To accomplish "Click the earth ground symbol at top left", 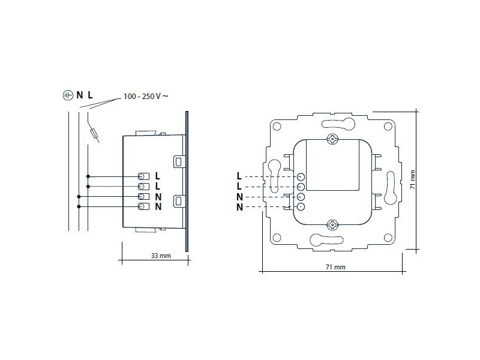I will pyautogui.click(x=67, y=95).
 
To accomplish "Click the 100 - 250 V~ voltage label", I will pyautogui.click(x=145, y=96).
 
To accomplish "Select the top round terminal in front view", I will pyautogui.click(x=301, y=177).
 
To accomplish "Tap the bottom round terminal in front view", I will pyautogui.click(x=301, y=207).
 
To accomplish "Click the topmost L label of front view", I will pyautogui.click(x=239, y=176).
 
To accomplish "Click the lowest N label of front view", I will pyautogui.click(x=239, y=208).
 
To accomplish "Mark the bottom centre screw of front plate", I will pyautogui.click(x=332, y=225).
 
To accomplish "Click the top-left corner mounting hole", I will pyautogui.click(x=278, y=127).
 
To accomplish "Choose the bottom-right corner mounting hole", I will pyautogui.click(x=387, y=237).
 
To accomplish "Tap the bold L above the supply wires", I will pyautogui.click(x=90, y=95).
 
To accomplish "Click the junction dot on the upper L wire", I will pyautogui.click(x=88, y=176).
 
